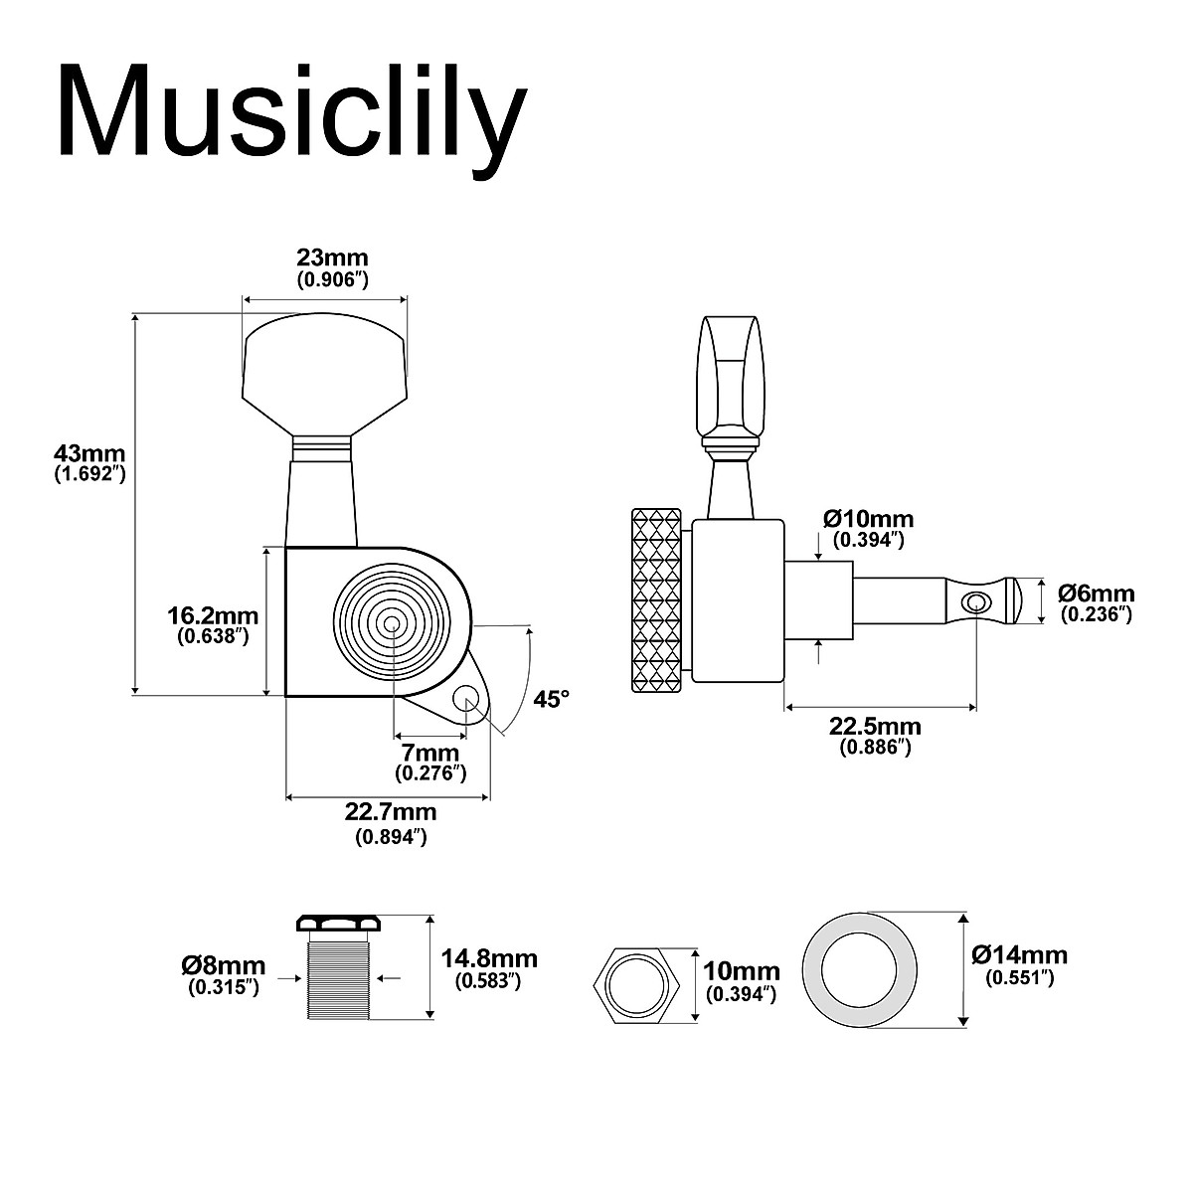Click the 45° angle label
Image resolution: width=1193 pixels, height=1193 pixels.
552,699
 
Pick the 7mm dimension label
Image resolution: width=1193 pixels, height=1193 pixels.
430,762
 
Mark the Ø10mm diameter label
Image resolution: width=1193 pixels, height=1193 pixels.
868,528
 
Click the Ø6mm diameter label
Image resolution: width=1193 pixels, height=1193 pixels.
1096,602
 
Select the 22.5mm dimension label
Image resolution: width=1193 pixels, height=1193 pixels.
875,736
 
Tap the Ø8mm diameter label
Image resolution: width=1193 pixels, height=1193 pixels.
224,974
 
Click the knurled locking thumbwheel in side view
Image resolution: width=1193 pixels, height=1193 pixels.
656,599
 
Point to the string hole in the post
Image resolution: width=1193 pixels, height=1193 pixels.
977,600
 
